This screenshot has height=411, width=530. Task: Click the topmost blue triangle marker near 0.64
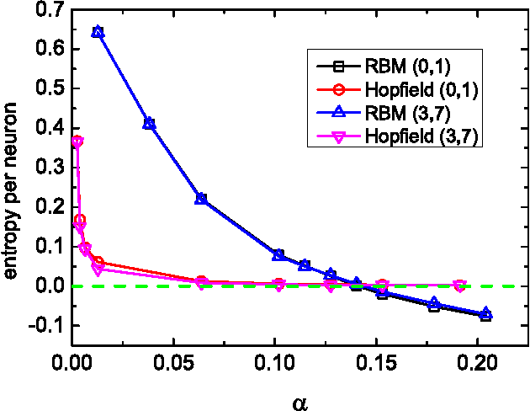point(98,32)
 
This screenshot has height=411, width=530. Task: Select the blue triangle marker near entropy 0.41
point(149,123)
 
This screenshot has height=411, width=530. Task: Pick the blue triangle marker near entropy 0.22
point(201,198)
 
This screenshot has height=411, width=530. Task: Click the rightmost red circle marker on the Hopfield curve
point(459,286)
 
